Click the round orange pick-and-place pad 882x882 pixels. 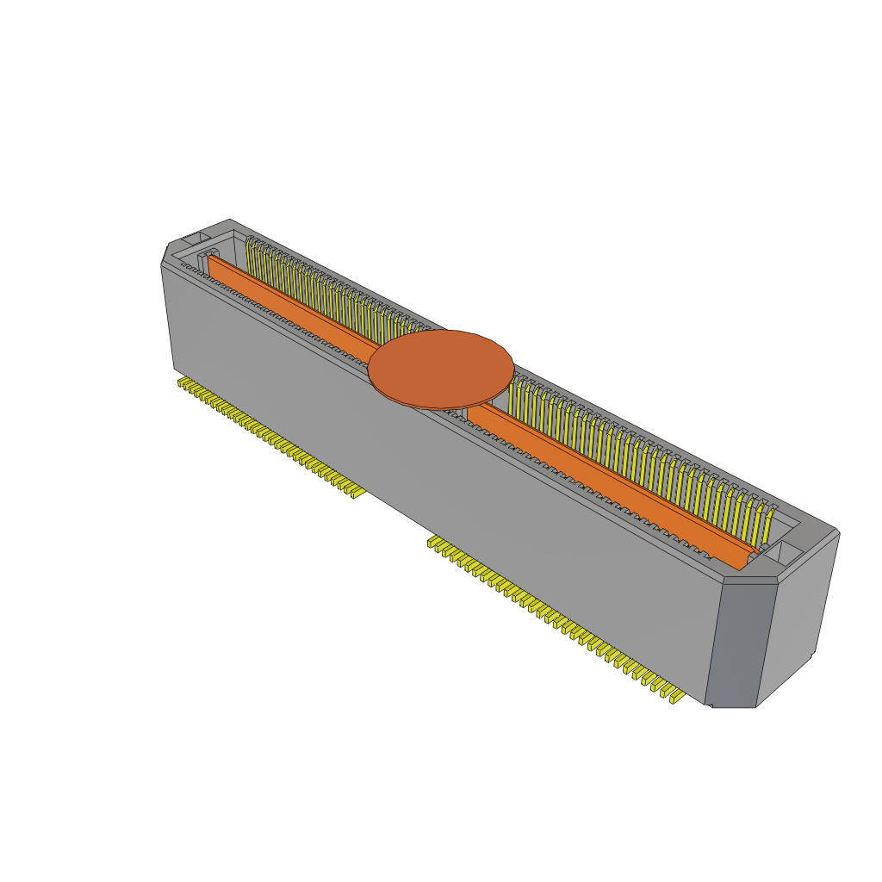[x=441, y=367]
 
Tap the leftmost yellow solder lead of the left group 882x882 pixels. [x=183, y=382]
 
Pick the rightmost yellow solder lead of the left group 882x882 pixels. [x=353, y=492]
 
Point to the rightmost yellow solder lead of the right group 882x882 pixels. [x=674, y=696]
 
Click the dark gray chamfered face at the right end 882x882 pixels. [x=736, y=642]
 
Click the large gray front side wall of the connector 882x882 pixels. [x=431, y=482]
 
